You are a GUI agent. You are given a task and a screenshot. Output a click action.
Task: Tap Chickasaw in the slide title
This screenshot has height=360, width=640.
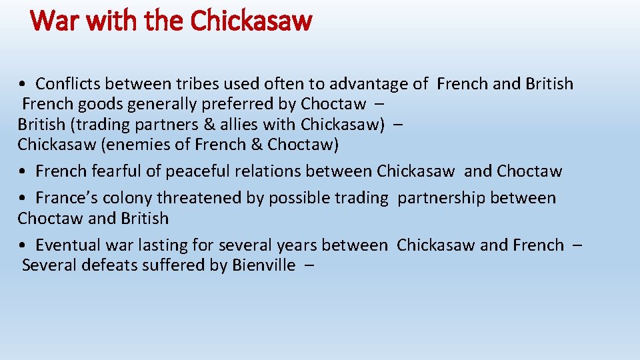pyautogui.click(x=251, y=21)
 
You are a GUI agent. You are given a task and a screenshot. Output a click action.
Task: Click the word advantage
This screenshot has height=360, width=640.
pyautogui.click(x=369, y=84)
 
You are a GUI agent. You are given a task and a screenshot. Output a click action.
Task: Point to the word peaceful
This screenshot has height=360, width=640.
pyautogui.click(x=200, y=171)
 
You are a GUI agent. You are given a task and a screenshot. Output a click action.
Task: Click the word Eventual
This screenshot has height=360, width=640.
pyautogui.click(x=65, y=245)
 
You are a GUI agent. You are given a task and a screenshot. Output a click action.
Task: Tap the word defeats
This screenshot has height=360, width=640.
pyautogui.click(x=107, y=265)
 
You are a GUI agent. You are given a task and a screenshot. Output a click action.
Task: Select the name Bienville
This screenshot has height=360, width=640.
pyautogui.click(x=263, y=265)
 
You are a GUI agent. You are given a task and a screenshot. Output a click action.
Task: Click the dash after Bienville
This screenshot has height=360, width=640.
pyautogui.click(x=309, y=265)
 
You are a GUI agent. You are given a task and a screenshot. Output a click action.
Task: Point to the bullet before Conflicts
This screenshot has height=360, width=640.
pyautogui.click(x=23, y=85)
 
